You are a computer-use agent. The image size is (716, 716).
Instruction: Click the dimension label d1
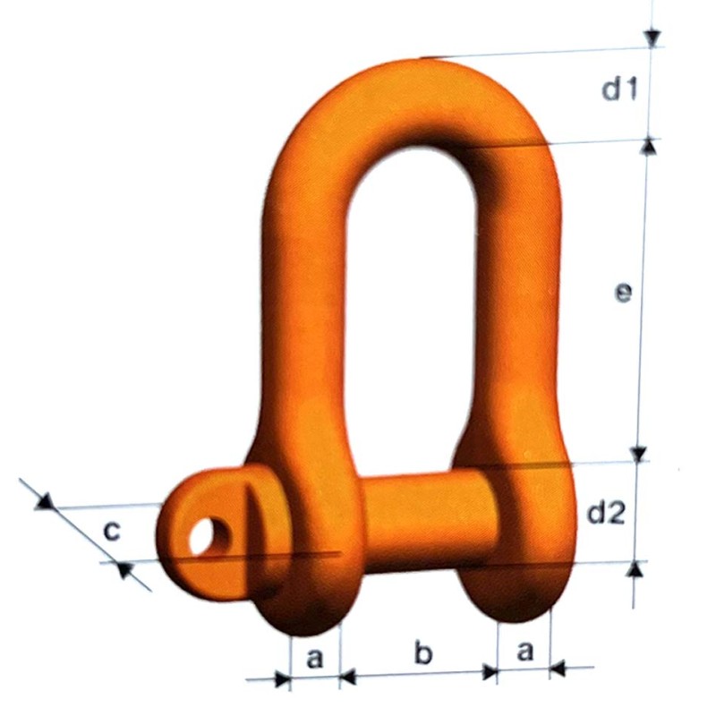(618, 89)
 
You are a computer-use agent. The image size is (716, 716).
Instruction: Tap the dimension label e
(624, 293)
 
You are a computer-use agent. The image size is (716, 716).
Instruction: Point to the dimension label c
(111, 531)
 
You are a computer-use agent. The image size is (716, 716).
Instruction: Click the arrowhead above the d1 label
(652, 38)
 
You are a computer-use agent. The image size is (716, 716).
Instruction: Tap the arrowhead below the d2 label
(635, 570)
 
